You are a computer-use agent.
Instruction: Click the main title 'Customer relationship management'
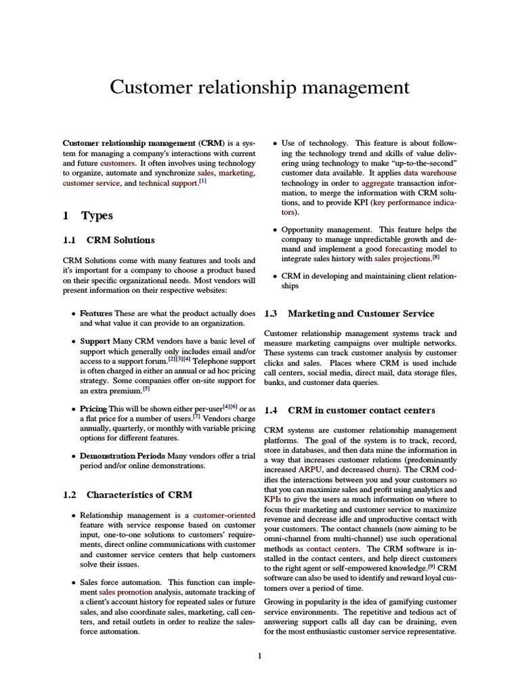pyautogui.click(x=260, y=88)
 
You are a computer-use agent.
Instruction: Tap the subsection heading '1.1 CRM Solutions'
pyautogui.click(x=108, y=240)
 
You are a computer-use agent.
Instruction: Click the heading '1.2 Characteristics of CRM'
pyautogui.click(x=127, y=494)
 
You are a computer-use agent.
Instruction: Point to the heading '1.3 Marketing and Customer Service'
pyautogui.click(x=349, y=314)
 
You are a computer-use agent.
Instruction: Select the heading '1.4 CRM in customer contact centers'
pyautogui.click(x=349, y=411)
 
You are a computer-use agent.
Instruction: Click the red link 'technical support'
pyautogui.click(x=168, y=184)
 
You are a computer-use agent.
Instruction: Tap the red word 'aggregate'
pyautogui.click(x=377, y=184)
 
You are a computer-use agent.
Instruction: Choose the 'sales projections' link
pyautogui.click(x=402, y=259)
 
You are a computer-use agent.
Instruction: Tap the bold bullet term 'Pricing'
pyautogui.click(x=93, y=409)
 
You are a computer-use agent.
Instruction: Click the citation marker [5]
pyautogui.click(x=146, y=389)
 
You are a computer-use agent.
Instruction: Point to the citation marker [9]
pyautogui.click(x=431, y=566)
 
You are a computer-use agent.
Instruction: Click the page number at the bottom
pyautogui.click(x=260, y=655)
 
